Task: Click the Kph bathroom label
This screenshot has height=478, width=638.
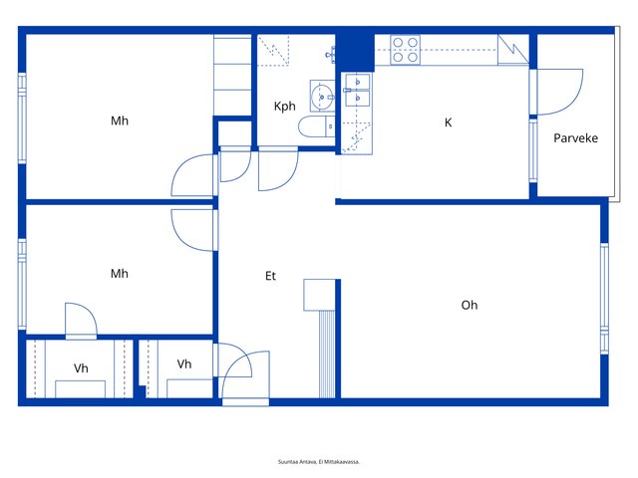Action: [284, 107]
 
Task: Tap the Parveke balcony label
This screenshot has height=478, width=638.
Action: [576, 138]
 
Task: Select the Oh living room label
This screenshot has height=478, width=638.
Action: [470, 305]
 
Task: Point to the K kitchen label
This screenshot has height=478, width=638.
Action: [448, 122]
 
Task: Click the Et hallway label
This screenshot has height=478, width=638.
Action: [270, 276]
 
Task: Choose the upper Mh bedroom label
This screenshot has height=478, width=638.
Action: [120, 120]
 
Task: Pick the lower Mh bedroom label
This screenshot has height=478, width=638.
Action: [120, 274]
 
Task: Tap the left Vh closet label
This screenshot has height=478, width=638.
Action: [81, 368]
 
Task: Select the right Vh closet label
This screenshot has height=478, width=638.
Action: [184, 363]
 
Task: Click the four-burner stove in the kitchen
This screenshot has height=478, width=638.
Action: [406, 50]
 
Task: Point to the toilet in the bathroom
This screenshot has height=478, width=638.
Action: [317, 126]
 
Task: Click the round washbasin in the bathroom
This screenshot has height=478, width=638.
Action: [322, 96]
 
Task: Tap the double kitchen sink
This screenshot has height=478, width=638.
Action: [357, 90]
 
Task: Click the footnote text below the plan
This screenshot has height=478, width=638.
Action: [319, 462]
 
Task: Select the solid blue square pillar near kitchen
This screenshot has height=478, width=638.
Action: [355, 51]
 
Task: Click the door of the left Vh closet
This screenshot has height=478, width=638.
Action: [82, 321]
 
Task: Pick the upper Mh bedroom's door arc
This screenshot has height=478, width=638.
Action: [192, 175]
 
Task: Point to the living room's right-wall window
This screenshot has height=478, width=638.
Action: [605, 299]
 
